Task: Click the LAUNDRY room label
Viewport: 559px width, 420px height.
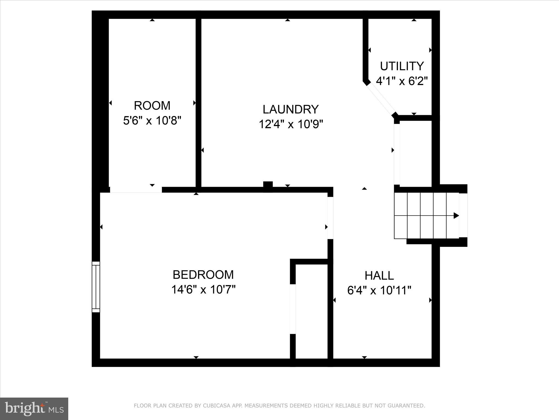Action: [291, 109]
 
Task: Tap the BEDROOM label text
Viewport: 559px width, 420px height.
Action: [203, 275]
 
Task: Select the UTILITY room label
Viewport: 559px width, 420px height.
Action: [402, 66]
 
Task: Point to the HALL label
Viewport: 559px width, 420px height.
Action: [379, 276]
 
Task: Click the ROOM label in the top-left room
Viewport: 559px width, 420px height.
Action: [152, 106]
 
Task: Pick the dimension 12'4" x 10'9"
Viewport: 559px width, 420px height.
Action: [291, 124]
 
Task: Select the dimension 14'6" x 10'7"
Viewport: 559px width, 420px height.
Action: [203, 289]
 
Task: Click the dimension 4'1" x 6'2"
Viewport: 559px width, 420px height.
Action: [402, 81]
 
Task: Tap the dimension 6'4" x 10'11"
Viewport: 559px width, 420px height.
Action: [379, 290]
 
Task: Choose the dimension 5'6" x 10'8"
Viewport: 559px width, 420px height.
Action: [152, 120]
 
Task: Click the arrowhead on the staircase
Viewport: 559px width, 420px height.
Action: [456, 215]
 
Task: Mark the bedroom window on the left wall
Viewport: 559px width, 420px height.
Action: [96, 287]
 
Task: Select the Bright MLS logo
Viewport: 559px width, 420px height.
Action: [34, 409]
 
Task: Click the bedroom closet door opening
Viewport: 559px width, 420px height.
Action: [293, 309]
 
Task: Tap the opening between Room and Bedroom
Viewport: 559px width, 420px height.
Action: [136, 190]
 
